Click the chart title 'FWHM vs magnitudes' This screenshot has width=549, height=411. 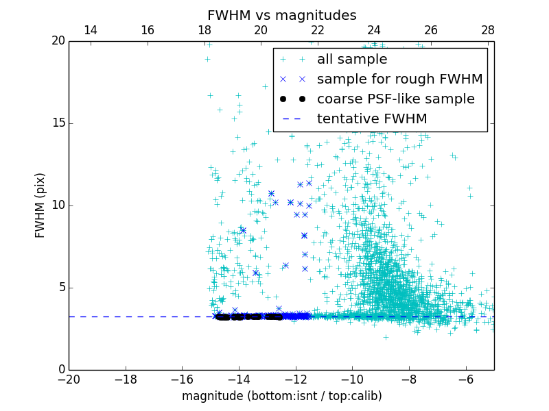click(281, 15)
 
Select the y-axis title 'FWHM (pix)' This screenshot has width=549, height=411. click(40, 205)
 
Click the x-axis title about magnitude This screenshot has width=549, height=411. click(281, 396)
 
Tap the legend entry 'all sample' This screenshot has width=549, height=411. click(352, 60)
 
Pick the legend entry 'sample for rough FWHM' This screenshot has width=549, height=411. click(399, 79)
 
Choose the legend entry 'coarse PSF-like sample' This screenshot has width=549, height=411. click(395, 99)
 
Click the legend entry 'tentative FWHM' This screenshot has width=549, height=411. click(372, 119)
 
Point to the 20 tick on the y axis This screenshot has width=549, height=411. click(58, 41)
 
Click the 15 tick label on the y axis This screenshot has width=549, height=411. click(58, 123)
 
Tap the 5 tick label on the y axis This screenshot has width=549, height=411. click(60, 288)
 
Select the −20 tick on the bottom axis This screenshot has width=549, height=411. click(69, 379)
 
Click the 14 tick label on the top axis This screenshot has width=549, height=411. click(90, 31)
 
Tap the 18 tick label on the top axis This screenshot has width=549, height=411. click(204, 31)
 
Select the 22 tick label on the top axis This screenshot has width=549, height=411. click(317, 31)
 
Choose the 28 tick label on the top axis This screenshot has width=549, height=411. click(488, 31)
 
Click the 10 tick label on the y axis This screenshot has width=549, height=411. click(58, 206)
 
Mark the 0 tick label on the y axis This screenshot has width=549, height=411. click(60, 370)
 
